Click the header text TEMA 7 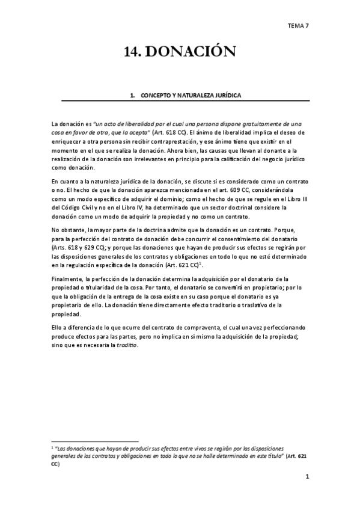pos(297,26)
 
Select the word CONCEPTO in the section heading pos(156,96)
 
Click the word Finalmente pos(67,280)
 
